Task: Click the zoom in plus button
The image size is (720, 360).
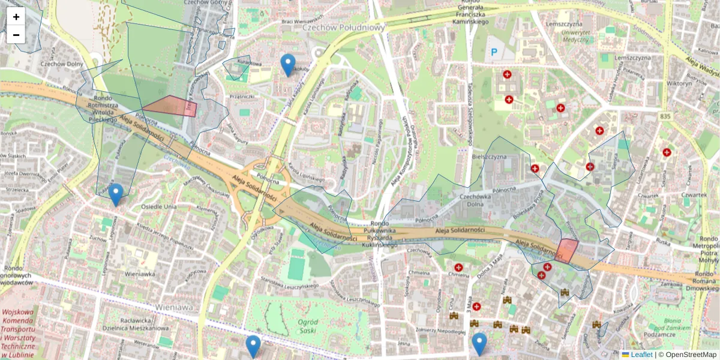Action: point(16,17)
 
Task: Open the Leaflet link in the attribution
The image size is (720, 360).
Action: point(641,355)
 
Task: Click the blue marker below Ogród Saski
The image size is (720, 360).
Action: point(253,346)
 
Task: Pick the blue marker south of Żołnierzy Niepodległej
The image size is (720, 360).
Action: point(479,344)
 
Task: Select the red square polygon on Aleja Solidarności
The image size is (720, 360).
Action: point(566,250)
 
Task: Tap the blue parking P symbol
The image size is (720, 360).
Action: point(494,53)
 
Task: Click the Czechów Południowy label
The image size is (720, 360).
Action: point(343,27)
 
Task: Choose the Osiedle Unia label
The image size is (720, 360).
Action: point(158,207)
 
